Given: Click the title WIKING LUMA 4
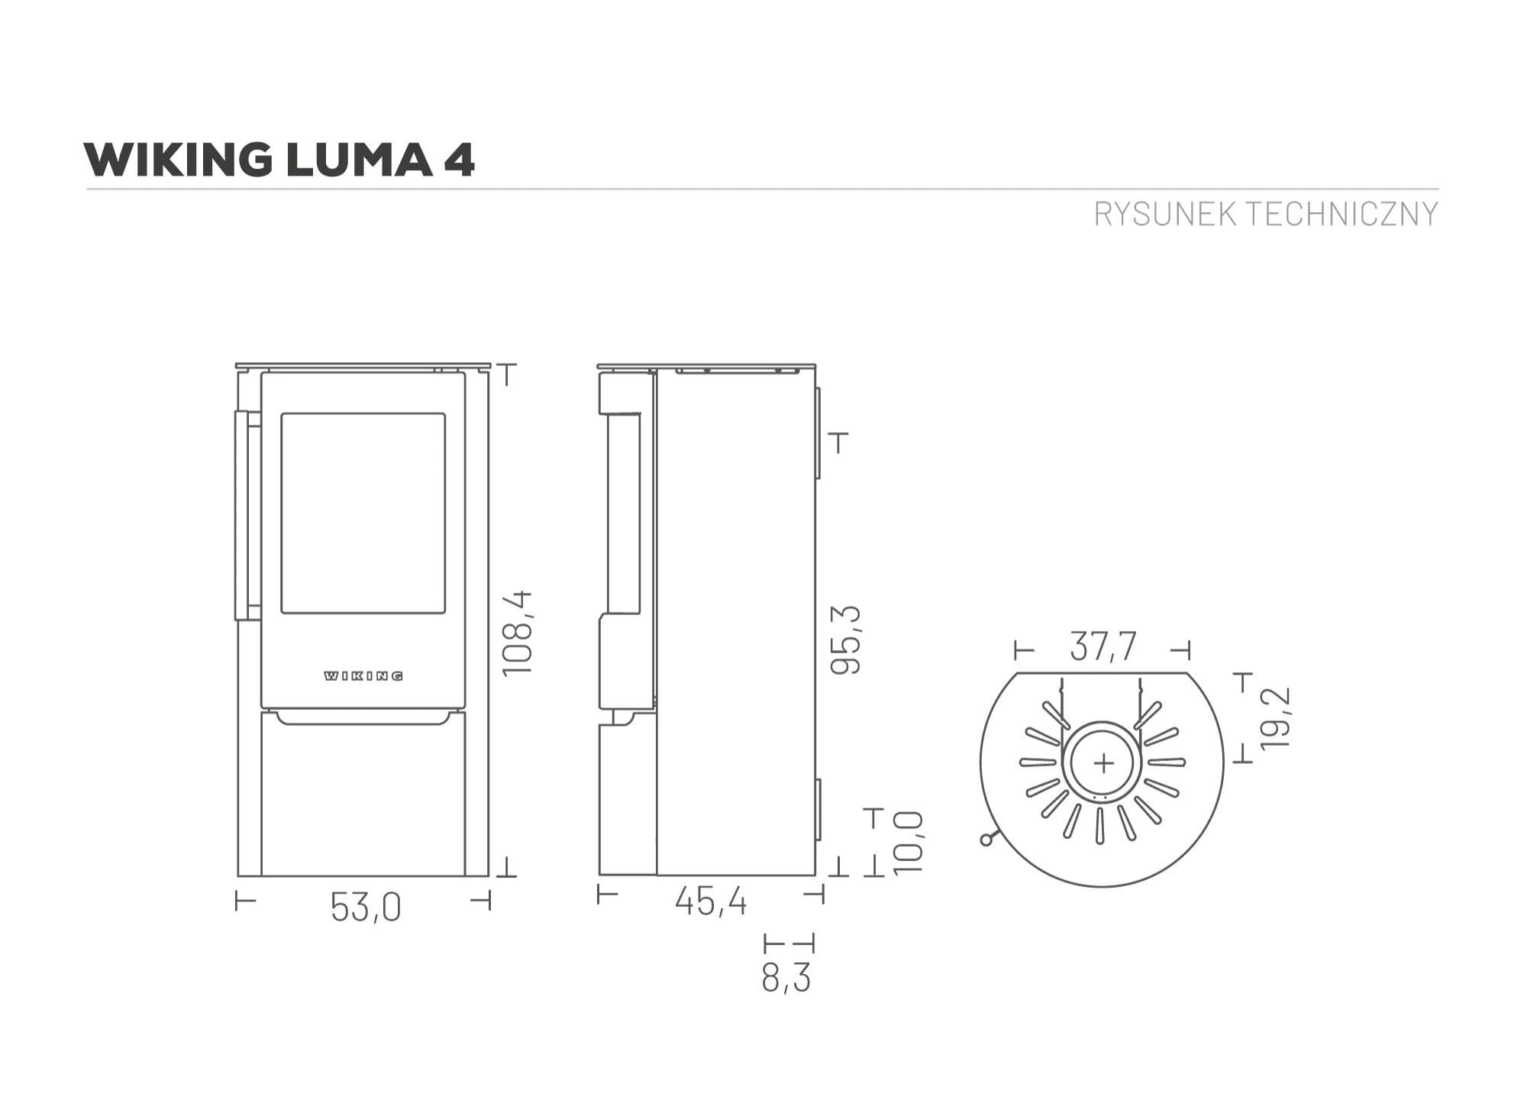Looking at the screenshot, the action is pyautogui.click(x=279, y=160).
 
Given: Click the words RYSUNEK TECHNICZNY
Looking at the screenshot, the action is pyautogui.click(x=1266, y=214).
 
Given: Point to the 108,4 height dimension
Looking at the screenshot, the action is pyautogui.click(x=517, y=633).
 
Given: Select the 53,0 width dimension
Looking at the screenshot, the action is pyautogui.click(x=366, y=908).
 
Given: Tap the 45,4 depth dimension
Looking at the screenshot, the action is pyautogui.click(x=711, y=901).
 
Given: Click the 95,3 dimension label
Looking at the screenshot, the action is pyautogui.click(x=845, y=639).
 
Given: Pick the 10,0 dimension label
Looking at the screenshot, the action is pyautogui.click(x=908, y=843).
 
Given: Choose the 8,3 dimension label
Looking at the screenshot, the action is pyautogui.click(x=786, y=977).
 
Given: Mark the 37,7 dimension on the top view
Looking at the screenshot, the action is pyautogui.click(x=1103, y=646).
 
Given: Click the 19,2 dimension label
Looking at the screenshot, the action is pyautogui.click(x=1275, y=717).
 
